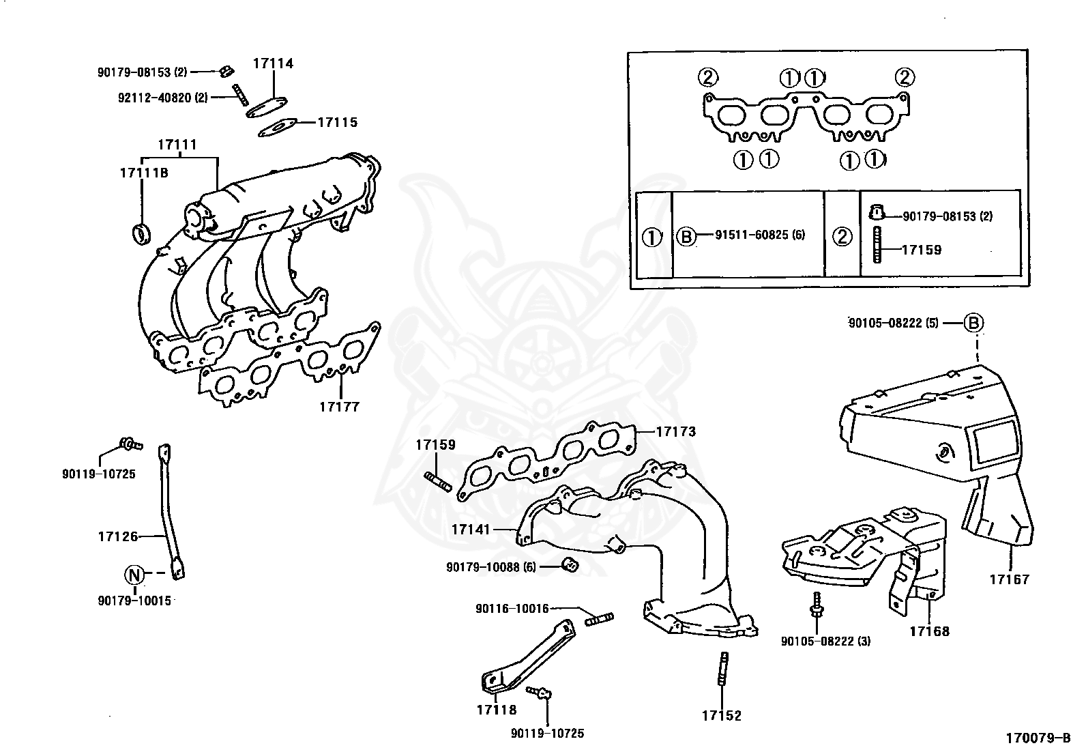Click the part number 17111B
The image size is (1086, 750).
pyautogui.click(x=144, y=173)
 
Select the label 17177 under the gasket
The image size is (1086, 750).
pyautogui.click(x=339, y=407)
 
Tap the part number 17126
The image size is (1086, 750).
pyautogui.click(x=117, y=536)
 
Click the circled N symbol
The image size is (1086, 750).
pyautogui.click(x=134, y=575)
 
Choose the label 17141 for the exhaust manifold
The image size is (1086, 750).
pyautogui.click(x=471, y=529)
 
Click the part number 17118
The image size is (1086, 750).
pyautogui.click(x=497, y=710)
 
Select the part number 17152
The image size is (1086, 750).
pyautogui.click(x=721, y=716)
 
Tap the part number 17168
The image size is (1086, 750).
pyautogui.click(x=929, y=631)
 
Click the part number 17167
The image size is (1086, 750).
pyautogui.click(x=1010, y=580)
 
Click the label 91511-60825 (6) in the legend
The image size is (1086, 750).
pyautogui.click(x=760, y=235)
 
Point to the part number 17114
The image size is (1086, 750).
pyautogui.click(x=273, y=63)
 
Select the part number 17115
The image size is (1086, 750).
pyautogui.click(x=337, y=123)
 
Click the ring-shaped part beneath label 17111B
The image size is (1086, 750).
pyautogui.click(x=140, y=233)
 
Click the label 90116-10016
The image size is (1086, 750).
pyautogui.click(x=512, y=608)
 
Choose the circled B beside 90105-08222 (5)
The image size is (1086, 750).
pyautogui.click(x=974, y=323)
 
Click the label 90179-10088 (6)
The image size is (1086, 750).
pyautogui.click(x=491, y=566)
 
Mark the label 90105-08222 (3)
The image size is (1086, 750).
pyautogui.click(x=825, y=641)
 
